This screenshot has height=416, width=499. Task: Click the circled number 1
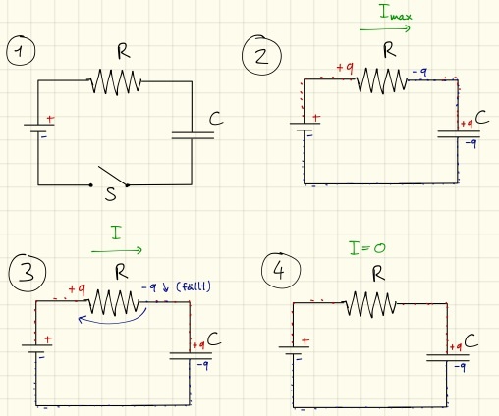pos(21,51)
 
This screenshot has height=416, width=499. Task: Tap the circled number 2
pos(261,55)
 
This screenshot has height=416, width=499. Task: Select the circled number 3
pos(28,272)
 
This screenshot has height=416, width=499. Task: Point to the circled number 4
pos(281,271)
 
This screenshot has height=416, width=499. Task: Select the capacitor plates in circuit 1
pos(193,135)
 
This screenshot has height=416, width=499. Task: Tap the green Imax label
pos(395,13)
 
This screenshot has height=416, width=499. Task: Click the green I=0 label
pos(367,248)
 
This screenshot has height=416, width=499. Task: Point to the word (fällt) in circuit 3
pos(194,286)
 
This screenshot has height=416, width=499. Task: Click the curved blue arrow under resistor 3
pos(113,319)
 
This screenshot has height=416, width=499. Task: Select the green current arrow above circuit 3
pos(117,251)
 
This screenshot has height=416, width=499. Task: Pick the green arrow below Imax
pos(385,29)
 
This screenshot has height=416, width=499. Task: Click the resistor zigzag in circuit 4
pos(371,304)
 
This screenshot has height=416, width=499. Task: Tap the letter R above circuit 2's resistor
pos(389,51)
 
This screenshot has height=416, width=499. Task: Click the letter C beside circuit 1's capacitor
pos(216,119)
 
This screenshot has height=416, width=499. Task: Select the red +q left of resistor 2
pos(345,68)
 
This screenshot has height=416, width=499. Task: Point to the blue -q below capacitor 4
pos(461,367)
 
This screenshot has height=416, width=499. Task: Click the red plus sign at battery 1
pos(50,119)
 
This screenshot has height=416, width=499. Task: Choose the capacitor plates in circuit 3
pos(191,356)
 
